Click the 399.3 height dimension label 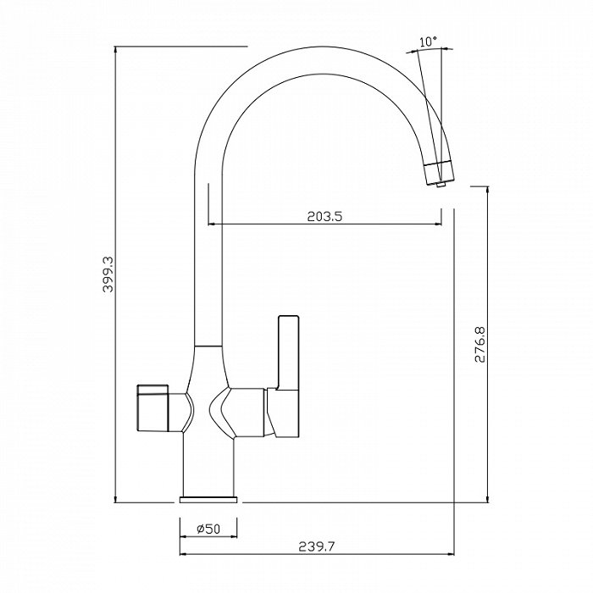[108, 274]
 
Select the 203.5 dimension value [324, 216]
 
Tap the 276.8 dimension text [480, 344]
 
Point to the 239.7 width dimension [317, 547]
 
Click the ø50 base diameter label [208, 529]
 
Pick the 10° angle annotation [428, 42]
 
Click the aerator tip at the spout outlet [441, 185]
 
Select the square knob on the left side [152, 408]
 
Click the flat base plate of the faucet [208, 500]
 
